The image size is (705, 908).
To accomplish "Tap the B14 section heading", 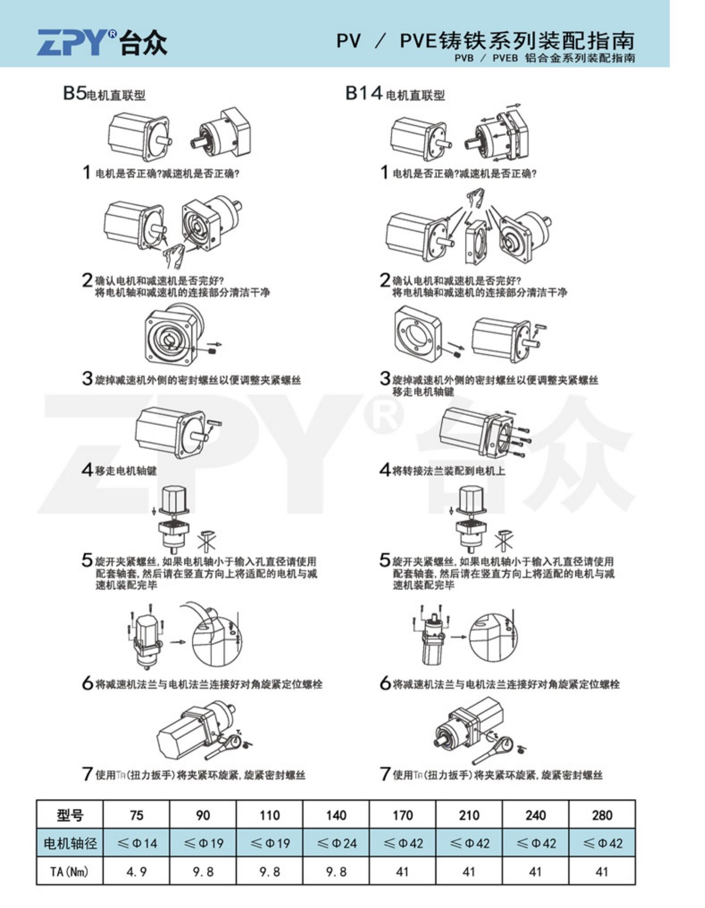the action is (394, 93).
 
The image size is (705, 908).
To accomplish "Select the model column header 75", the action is (136, 815).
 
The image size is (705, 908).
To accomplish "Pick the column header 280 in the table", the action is (602, 815).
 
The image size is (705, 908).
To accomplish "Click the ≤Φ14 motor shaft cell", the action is (136, 844).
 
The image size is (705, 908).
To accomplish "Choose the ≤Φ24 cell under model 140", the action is (336, 844).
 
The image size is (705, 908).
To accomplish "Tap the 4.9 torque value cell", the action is (136, 872).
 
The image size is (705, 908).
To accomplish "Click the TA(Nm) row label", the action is (70, 872).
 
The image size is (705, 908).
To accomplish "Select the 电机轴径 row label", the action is (70, 844).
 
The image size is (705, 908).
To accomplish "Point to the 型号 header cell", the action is (70, 815).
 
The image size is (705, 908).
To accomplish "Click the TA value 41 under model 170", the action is (402, 872).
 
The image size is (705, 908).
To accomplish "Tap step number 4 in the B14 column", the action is (385, 469).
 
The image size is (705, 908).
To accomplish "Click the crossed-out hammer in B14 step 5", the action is (503, 539).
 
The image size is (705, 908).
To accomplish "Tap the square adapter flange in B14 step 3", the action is (417, 334).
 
